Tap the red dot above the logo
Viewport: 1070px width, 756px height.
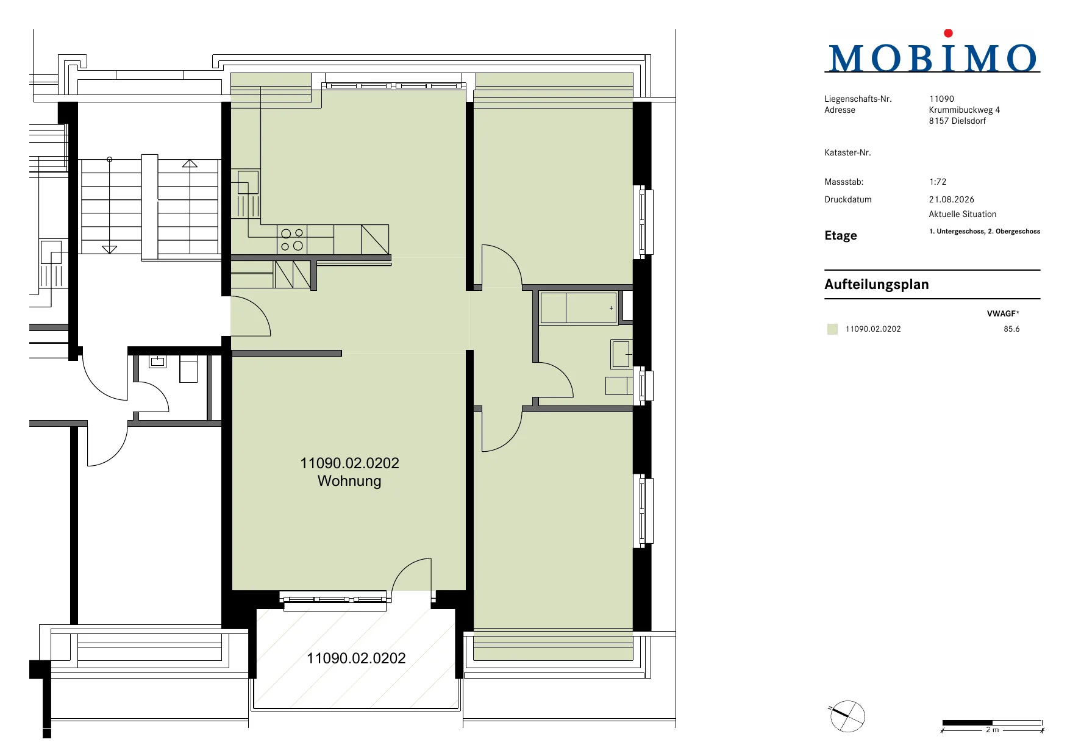(948, 34)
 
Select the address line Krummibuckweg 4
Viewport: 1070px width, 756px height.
(965, 110)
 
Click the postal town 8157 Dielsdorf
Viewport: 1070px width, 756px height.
(957, 121)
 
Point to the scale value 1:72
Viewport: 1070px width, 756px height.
(938, 182)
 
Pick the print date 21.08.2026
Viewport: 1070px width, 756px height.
(952, 199)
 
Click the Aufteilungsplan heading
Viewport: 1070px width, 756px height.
(877, 284)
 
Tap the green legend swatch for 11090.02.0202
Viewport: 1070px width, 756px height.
(832, 329)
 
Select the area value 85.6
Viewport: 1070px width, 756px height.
(1011, 329)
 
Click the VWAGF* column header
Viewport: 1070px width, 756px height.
(1003, 313)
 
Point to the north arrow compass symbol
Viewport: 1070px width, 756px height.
(847, 716)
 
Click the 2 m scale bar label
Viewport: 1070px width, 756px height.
(993, 730)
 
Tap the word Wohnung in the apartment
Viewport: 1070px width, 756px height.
(349, 481)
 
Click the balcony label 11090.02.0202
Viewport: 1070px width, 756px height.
(356, 658)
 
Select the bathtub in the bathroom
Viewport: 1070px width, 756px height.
(579, 308)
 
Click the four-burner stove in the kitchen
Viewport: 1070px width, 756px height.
(292, 240)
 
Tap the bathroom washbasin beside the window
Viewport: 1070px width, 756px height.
(621, 354)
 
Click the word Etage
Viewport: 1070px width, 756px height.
(841, 235)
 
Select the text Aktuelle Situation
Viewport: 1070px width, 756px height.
(963, 214)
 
